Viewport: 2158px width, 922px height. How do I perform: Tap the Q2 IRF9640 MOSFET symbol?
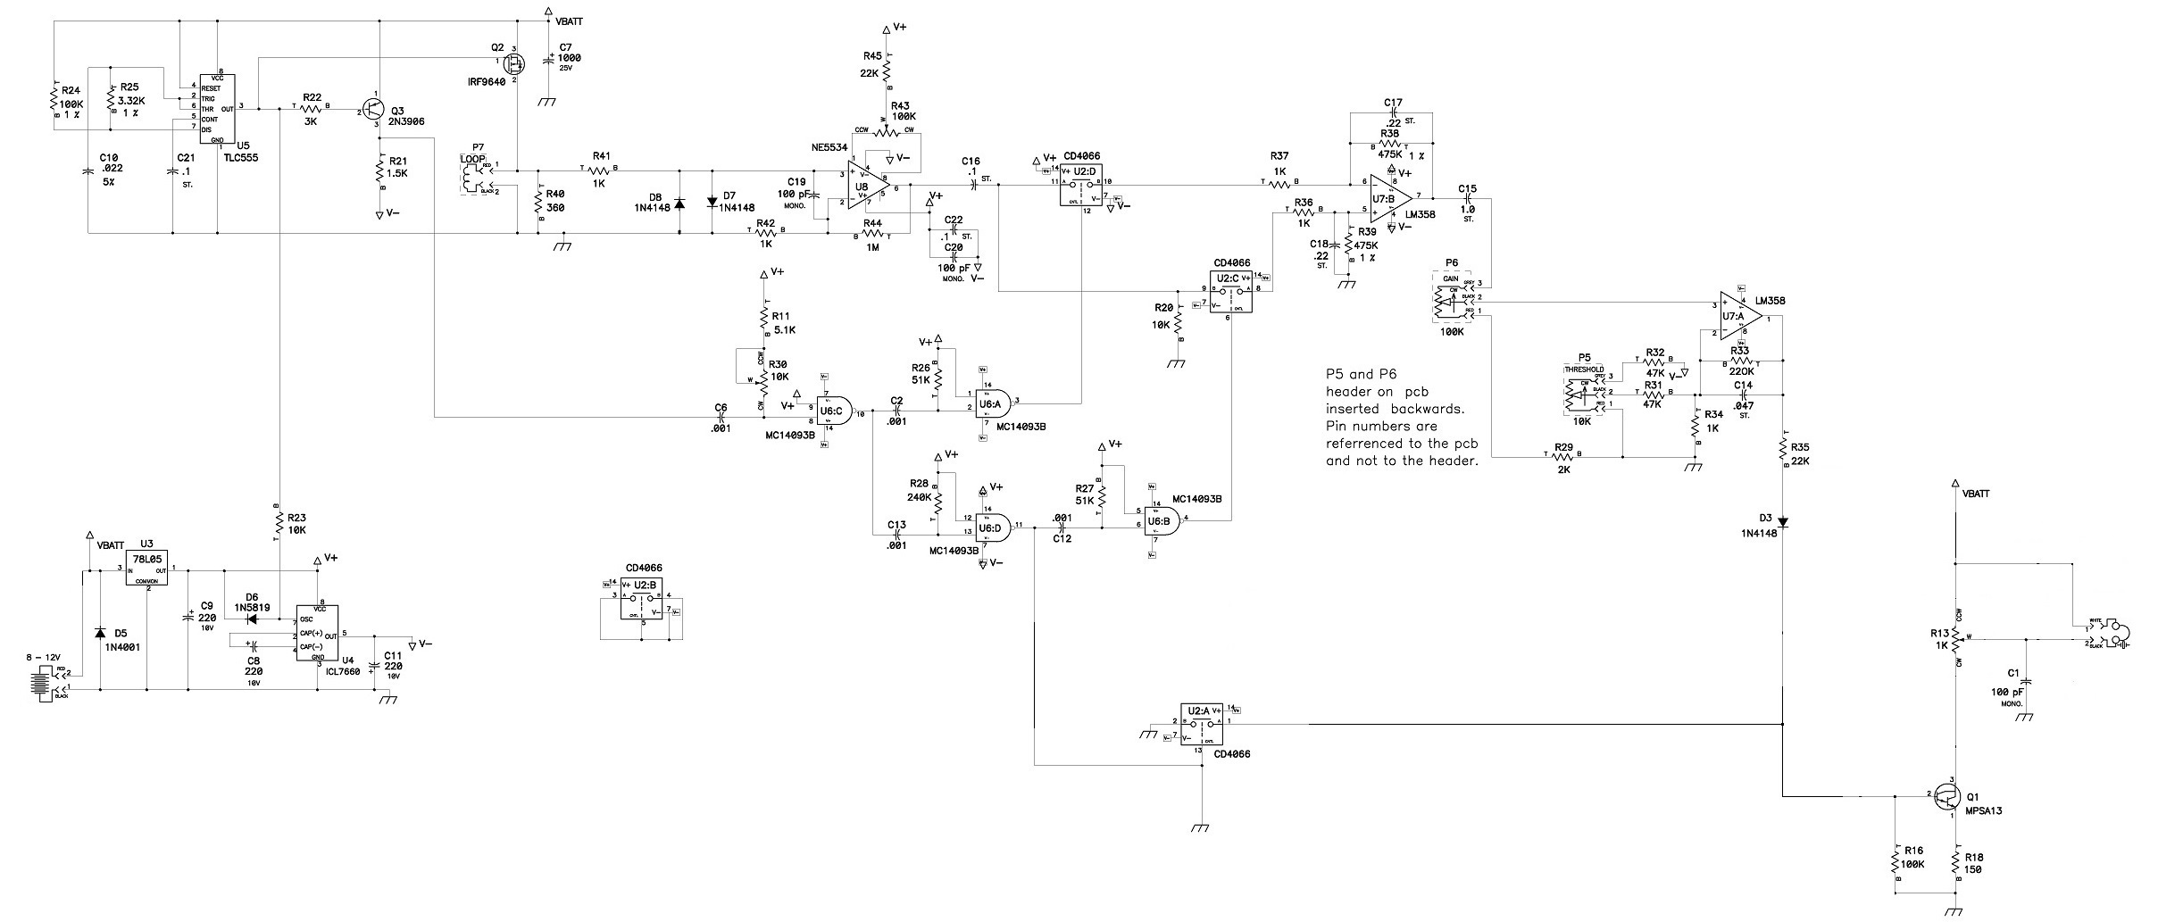tap(514, 62)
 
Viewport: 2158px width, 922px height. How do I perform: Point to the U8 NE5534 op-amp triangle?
tap(867, 187)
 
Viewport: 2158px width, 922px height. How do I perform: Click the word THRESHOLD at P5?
tap(1583, 370)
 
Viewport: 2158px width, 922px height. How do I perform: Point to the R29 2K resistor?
tap(1563, 457)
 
